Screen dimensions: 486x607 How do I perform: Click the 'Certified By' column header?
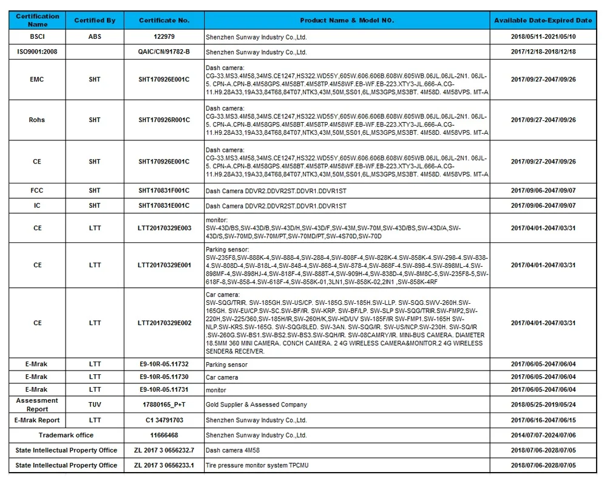click(x=95, y=20)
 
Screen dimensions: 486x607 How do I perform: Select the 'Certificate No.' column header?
click(x=164, y=20)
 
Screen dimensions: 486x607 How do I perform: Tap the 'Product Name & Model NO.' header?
click(x=347, y=20)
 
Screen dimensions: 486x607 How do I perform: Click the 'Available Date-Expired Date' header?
click(x=543, y=20)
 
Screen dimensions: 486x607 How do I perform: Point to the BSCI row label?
click(x=38, y=37)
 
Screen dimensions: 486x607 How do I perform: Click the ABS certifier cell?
click(x=95, y=37)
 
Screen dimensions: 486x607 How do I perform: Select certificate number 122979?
click(x=164, y=37)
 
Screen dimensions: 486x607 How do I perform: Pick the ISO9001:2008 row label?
click(x=38, y=52)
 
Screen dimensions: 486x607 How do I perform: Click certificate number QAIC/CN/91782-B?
click(x=164, y=52)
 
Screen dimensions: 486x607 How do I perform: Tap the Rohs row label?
click(x=38, y=120)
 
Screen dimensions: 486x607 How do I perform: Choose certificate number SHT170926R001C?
click(x=164, y=120)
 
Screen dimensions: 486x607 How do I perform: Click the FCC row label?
click(x=38, y=190)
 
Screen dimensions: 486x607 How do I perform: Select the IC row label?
click(x=38, y=205)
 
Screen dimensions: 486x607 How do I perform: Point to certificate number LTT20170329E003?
click(x=164, y=228)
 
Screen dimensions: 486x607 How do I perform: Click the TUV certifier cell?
click(x=95, y=404)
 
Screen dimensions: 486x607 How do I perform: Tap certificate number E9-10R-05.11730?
click(x=164, y=377)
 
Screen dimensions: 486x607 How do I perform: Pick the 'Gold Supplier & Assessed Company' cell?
click(x=256, y=405)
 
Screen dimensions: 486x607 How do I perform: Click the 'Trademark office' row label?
click(x=66, y=435)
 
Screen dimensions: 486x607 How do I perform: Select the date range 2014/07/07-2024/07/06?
click(x=543, y=435)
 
